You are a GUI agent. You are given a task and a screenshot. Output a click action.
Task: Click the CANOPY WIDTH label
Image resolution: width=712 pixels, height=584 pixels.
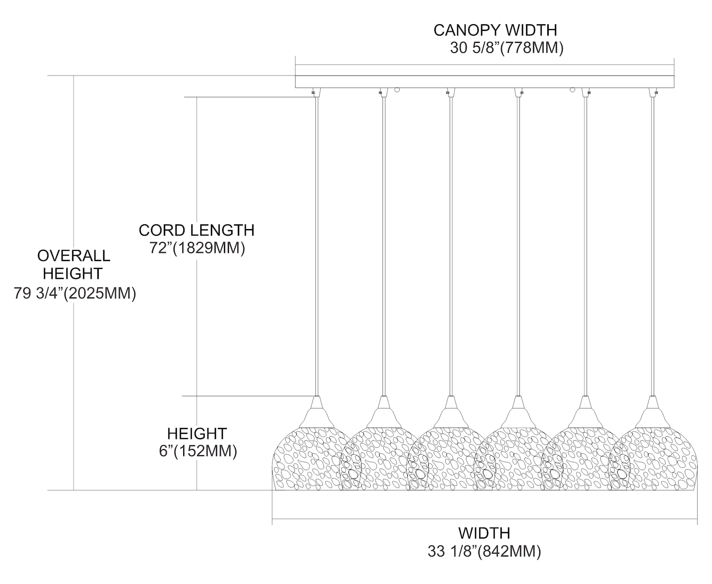495,30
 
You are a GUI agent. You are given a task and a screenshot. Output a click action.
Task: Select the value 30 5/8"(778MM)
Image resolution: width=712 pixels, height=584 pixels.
506,48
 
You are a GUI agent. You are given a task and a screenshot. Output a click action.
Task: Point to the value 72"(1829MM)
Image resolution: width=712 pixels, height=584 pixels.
197,248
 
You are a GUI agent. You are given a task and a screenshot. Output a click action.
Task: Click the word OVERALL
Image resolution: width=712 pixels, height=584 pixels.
74,256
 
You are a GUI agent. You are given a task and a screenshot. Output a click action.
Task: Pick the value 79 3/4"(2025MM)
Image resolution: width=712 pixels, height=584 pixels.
75,293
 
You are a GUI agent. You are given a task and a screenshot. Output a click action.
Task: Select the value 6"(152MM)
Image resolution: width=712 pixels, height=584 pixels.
198,451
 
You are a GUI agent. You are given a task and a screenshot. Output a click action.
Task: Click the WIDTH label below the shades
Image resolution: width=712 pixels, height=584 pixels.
484,533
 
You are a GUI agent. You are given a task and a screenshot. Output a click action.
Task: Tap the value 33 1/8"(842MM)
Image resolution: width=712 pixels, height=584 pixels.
484,551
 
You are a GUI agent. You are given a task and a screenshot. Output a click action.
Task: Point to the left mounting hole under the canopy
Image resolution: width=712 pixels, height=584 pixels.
397,89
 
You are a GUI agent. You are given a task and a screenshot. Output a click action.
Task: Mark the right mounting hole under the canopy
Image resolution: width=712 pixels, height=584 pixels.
572,89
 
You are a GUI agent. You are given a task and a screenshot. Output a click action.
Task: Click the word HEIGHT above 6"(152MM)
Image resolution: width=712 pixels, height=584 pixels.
197,433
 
